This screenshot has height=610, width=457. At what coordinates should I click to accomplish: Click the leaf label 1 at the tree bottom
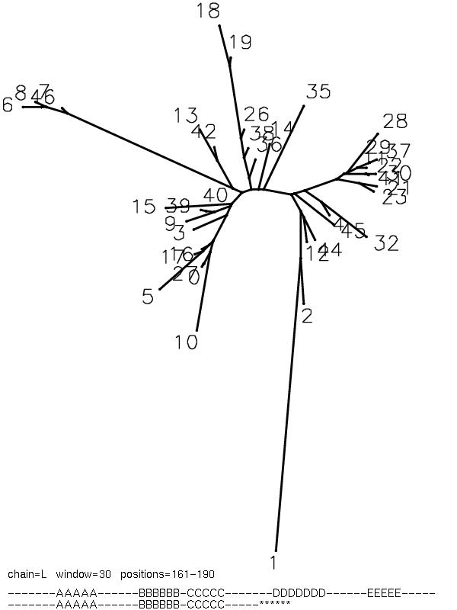click(x=273, y=563)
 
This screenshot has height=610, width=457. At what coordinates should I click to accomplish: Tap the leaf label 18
click(x=207, y=11)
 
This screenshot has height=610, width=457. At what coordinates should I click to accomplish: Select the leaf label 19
click(x=240, y=43)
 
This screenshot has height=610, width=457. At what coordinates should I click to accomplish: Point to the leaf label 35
click(x=318, y=92)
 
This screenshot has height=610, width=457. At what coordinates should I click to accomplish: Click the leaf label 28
click(x=395, y=121)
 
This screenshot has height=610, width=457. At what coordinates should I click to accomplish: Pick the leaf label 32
click(x=386, y=244)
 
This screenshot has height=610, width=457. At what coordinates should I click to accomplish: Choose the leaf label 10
click(x=186, y=342)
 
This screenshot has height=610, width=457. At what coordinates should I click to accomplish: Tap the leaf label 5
click(x=148, y=297)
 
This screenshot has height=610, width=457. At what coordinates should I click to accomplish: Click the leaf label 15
click(x=143, y=207)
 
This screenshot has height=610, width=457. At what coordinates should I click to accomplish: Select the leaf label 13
click(x=185, y=116)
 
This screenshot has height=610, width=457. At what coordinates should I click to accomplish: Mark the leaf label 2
click(x=307, y=316)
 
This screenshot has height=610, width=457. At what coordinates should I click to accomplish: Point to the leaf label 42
click(x=203, y=132)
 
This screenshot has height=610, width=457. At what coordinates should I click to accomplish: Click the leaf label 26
click(x=257, y=115)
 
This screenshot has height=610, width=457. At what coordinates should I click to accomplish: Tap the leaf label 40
click(x=216, y=195)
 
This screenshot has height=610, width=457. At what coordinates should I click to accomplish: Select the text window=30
click(x=79, y=573)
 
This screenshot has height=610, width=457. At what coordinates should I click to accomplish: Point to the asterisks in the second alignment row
click(x=275, y=604)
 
